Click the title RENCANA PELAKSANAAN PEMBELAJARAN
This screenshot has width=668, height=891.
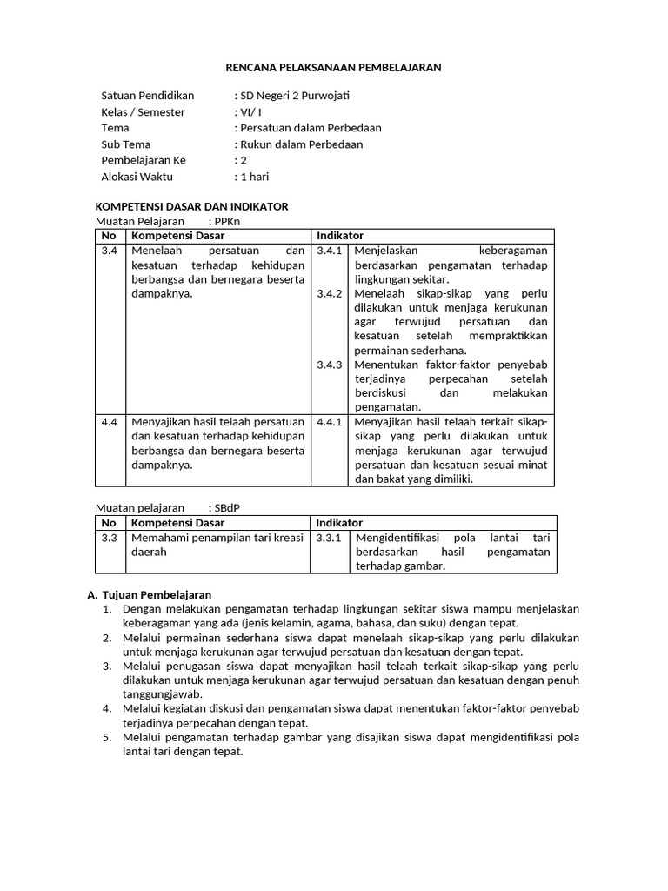click(x=333, y=67)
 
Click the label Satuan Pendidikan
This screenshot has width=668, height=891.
click(x=148, y=96)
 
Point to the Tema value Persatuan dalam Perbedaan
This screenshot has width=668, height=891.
click(x=311, y=128)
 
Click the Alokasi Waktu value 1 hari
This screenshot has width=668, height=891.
click(x=253, y=177)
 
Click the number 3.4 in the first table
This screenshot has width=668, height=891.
click(x=109, y=251)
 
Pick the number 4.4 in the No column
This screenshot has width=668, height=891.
click(x=109, y=422)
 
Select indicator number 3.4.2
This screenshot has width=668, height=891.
click(x=330, y=293)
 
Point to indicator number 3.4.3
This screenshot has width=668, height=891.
click(x=330, y=365)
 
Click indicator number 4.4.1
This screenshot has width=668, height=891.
click(x=330, y=422)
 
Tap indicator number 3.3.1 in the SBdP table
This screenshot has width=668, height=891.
click(x=330, y=538)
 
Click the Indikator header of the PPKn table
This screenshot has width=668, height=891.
click(x=340, y=236)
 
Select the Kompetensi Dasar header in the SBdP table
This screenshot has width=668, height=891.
click(x=177, y=523)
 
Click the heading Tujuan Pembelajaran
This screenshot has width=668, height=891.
click(x=157, y=594)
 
